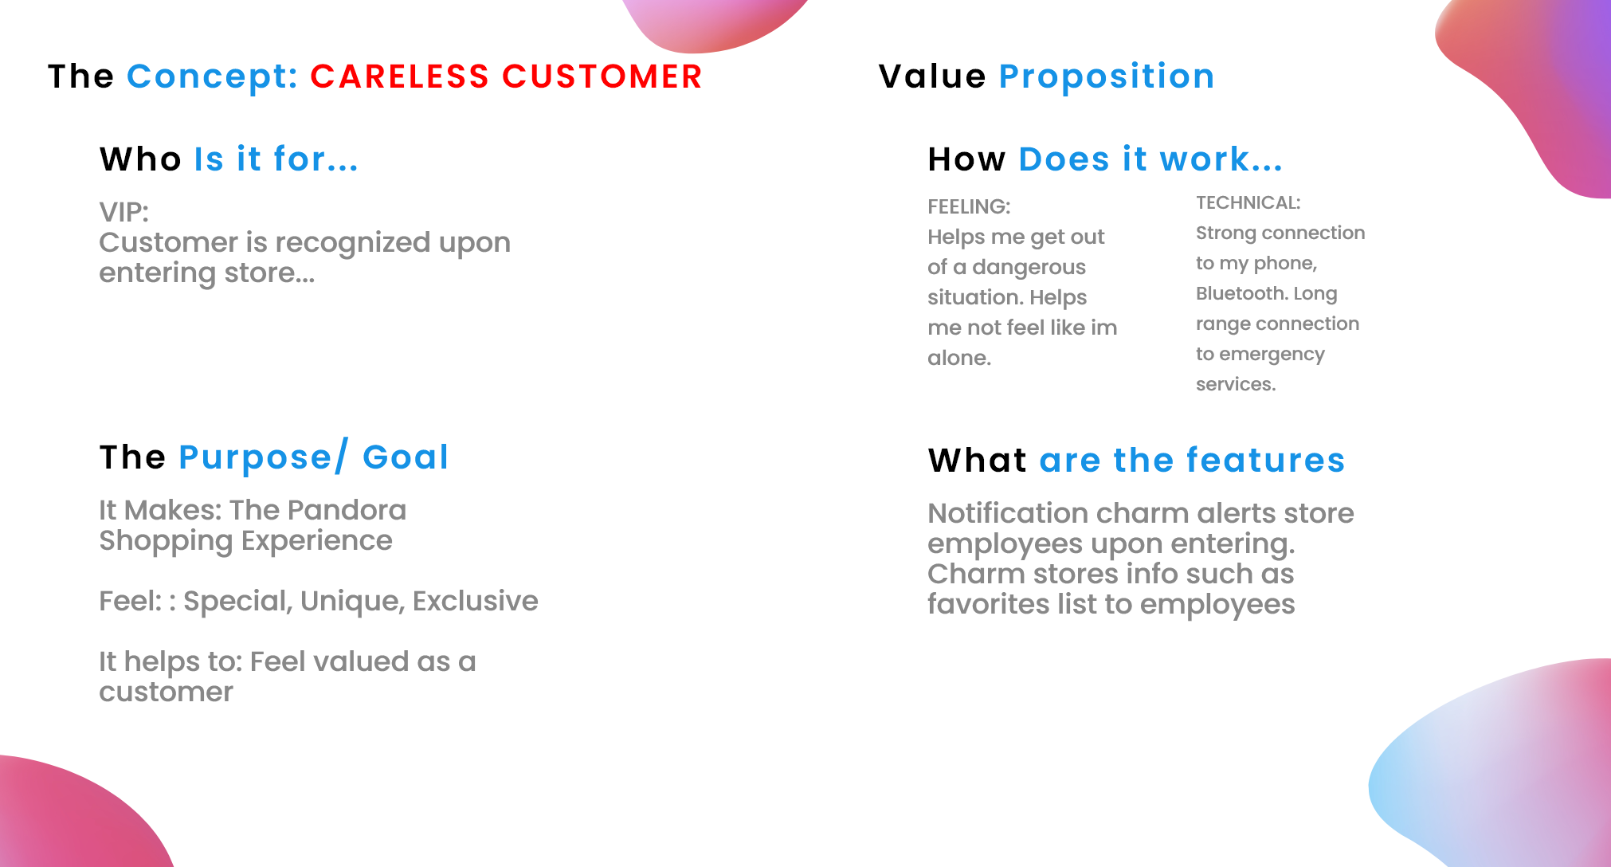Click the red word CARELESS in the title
click(x=400, y=76)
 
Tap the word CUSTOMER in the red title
click(x=602, y=76)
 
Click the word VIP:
click(x=123, y=212)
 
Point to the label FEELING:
click(x=969, y=206)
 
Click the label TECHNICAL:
click(x=1248, y=202)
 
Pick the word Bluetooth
click(x=1242, y=293)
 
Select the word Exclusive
click(x=476, y=601)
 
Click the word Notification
click(x=1007, y=513)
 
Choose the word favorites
click(x=988, y=604)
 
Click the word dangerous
click(x=1029, y=267)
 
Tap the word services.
click(x=1236, y=384)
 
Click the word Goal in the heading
click(x=406, y=457)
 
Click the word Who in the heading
click(x=140, y=159)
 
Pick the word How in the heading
click(x=966, y=159)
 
